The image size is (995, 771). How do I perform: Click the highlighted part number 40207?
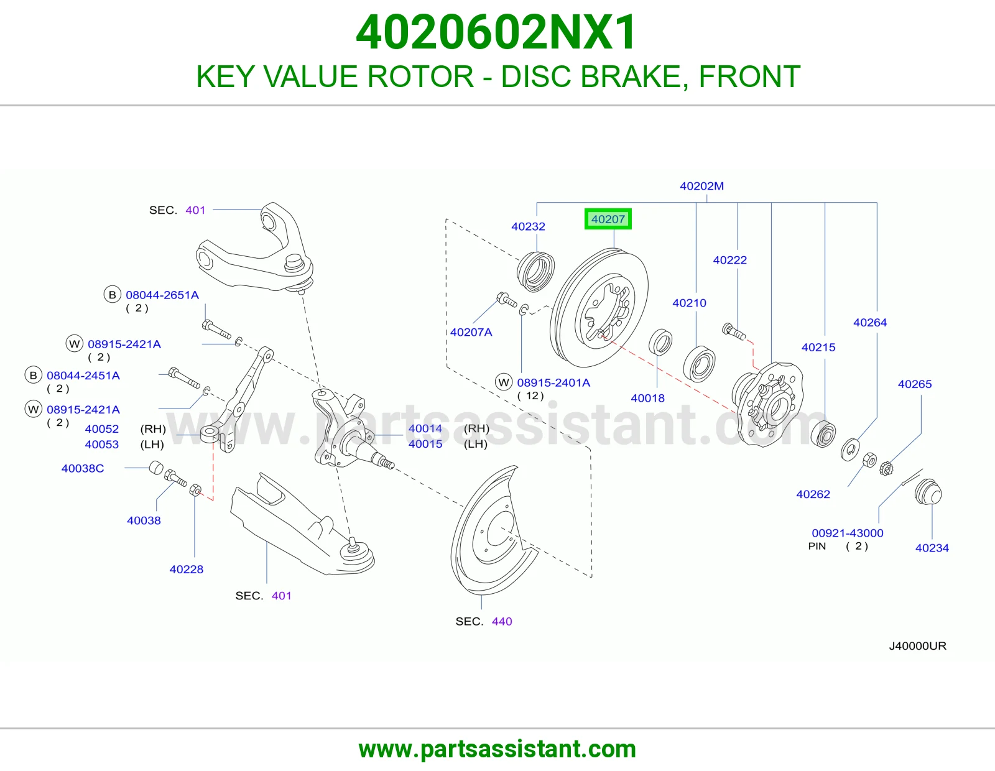click(x=608, y=219)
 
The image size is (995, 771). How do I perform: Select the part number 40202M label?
click(x=701, y=186)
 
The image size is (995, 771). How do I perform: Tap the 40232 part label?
click(x=528, y=226)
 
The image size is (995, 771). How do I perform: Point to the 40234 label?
click(x=932, y=548)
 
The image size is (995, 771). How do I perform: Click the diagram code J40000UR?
click(x=918, y=645)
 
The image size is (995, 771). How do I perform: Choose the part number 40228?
click(x=187, y=569)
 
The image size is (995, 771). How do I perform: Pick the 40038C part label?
click(x=83, y=468)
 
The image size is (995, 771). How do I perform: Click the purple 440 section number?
click(x=502, y=621)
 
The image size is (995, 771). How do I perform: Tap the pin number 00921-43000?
click(x=848, y=533)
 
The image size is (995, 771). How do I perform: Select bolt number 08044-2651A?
click(x=162, y=295)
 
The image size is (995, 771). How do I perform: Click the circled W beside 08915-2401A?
click(x=504, y=382)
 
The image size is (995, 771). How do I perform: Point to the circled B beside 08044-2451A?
click(x=33, y=376)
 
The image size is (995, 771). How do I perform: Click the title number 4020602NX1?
click(x=496, y=32)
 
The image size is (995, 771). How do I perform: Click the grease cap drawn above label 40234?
click(x=928, y=492)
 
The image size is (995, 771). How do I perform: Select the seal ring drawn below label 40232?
click(x=535, y=272)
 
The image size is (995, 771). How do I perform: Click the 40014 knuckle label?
click(x=425, y=428)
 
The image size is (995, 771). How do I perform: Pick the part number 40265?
click(x=914, y=384)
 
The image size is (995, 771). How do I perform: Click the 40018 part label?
click(x=647, y=398)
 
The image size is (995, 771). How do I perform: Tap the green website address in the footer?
click(x=497, y=749)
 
